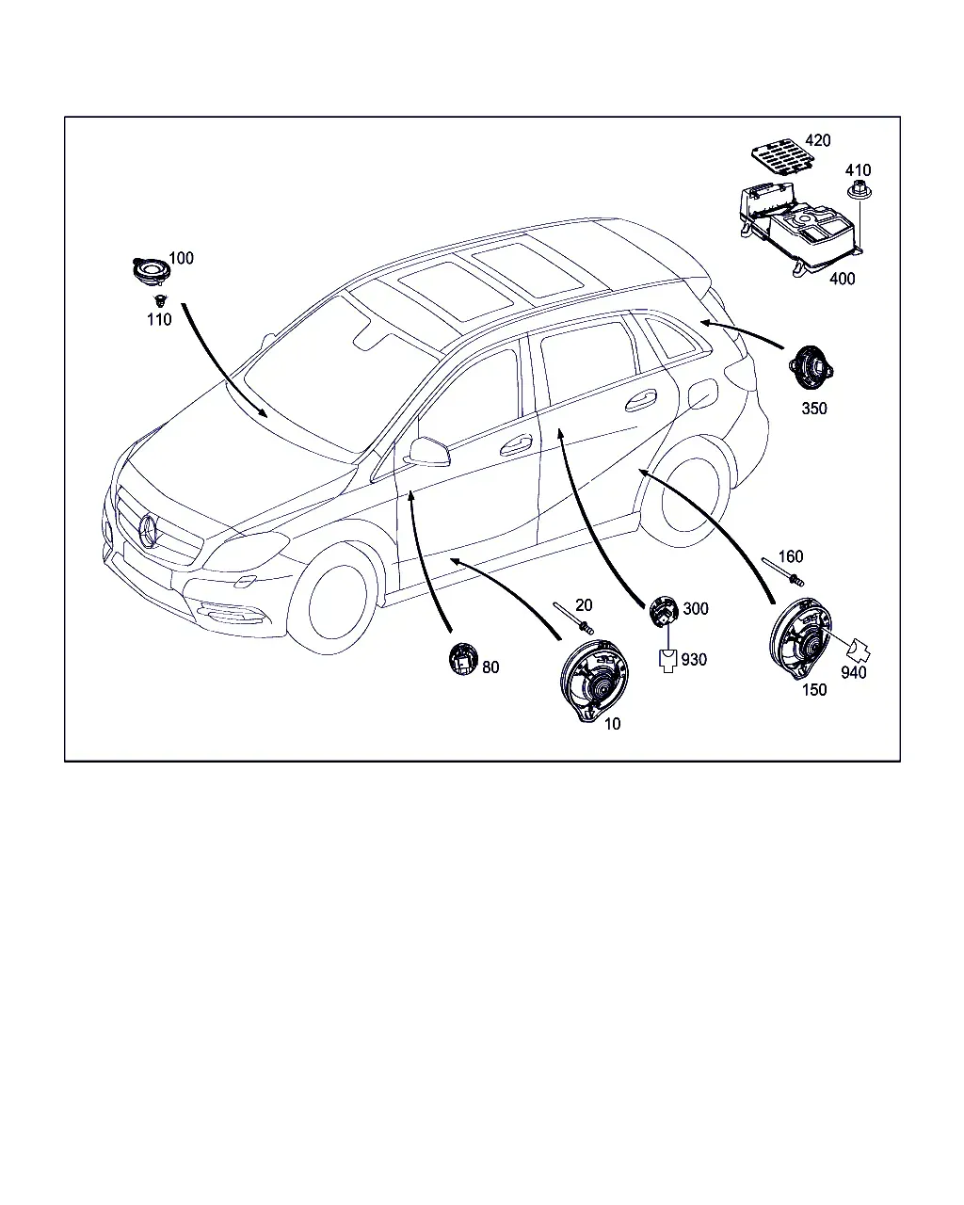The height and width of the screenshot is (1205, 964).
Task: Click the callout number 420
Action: pyautogui.click(x=817, y=140)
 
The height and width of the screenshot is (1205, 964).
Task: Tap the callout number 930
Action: pyautogui.click(x=694, y=660)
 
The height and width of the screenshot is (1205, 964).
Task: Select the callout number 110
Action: pyautogui.click(x=159, y=320)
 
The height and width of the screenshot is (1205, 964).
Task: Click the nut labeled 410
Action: pyautogui.click(x=859, y=190)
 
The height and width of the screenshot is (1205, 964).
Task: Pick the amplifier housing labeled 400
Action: pyautogui.click(x=798, y=228)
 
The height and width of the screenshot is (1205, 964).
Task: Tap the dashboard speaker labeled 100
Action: pyautogui.click(x=150, y=272)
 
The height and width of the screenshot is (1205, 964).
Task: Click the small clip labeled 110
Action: pyautogui.click(x=161, y=299)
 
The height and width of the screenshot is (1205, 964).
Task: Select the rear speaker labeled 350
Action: pyautogui.click(x=811, y=368)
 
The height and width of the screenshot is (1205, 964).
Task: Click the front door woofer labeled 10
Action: pyautogui.click(x=593, y=680)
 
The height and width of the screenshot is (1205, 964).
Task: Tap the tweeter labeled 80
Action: pyautogui.click(x=463, y=659)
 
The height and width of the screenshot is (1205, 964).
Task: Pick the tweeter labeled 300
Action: pyautogui.click(x=664, y=611)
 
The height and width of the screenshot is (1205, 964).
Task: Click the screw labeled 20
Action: pyautogui.click(x=573, y=619)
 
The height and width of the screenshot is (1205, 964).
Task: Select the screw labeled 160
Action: pyautogui.click(x=782, y=571)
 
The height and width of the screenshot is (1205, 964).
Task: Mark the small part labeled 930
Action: pyautogui.click(x=667, y=661)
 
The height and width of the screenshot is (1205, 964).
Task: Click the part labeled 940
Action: pyautogui.click(x=859, y=651)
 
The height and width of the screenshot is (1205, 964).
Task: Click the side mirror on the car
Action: pyautogui.click(x=429, y=452)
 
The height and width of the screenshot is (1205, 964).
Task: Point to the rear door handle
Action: pyautogui.click(x=640, y=400)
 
